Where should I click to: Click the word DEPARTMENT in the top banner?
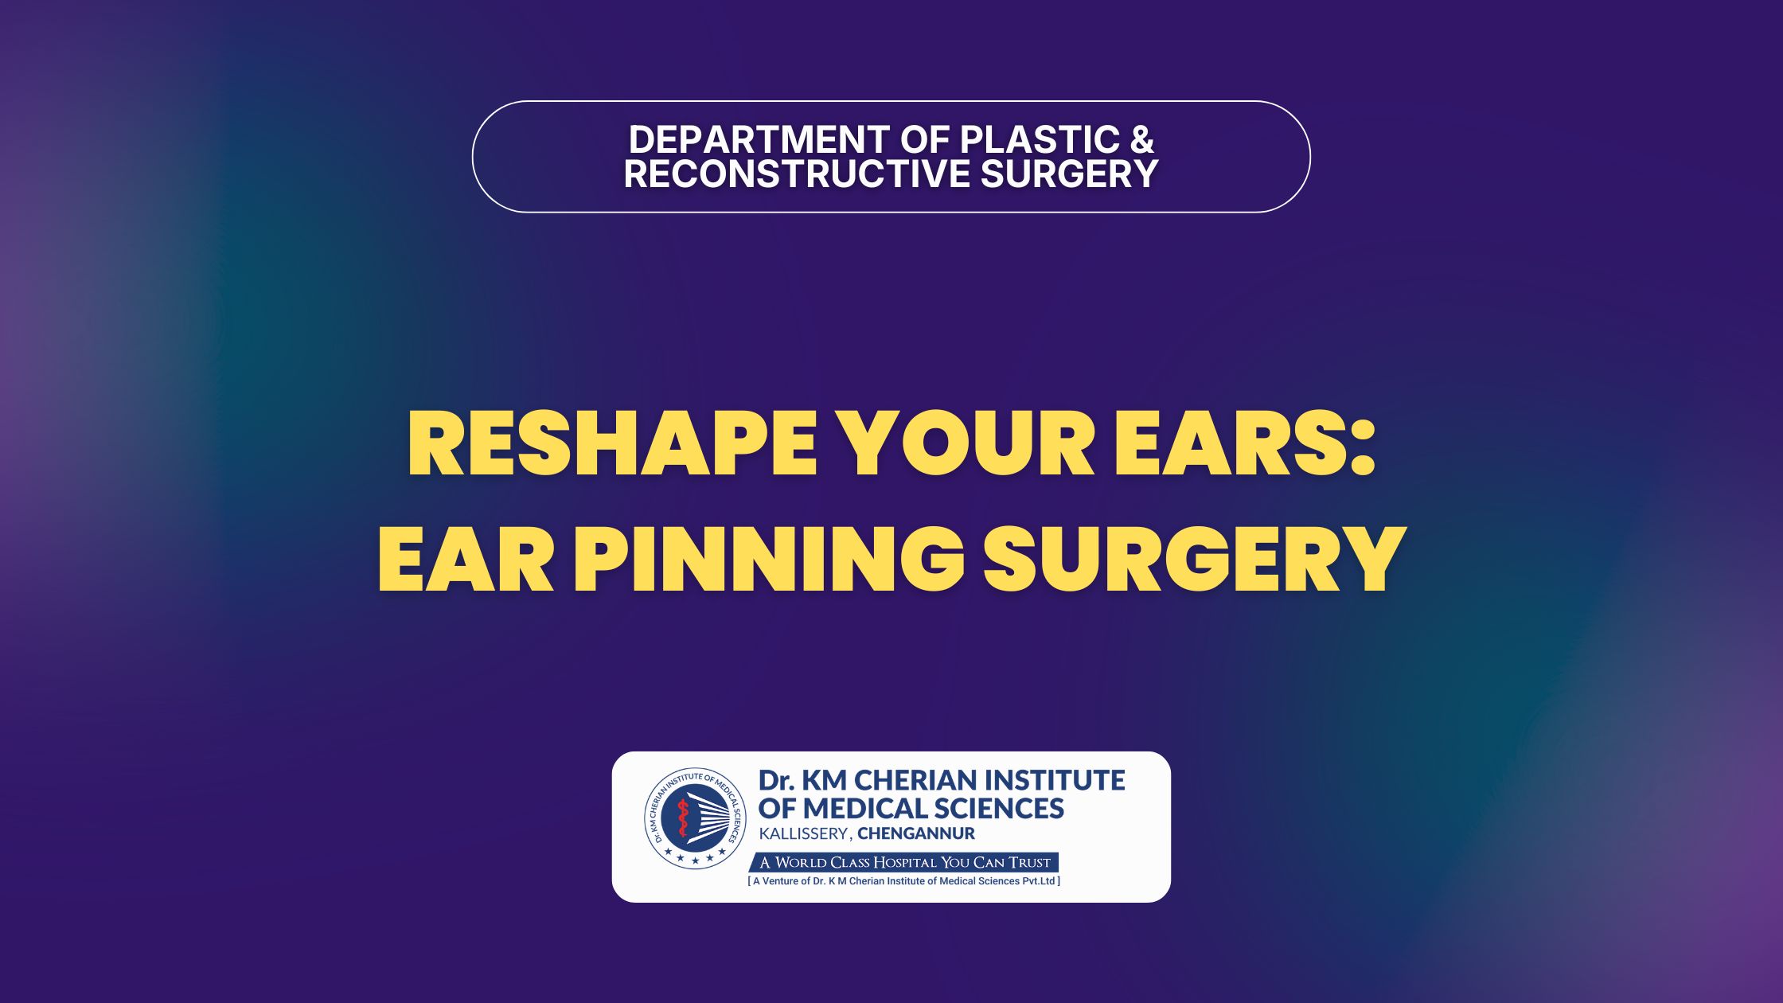(x=760, y=140)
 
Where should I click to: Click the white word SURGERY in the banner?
(x=1069, y=174)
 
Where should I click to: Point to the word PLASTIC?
(x=1040, y=140)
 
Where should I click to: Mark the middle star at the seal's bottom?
(x=695, y=861)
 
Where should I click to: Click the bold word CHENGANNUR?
(x=916, y=834)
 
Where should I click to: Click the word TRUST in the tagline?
(x=1029, y=863)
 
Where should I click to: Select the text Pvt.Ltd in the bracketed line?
(x=1038, y=881)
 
